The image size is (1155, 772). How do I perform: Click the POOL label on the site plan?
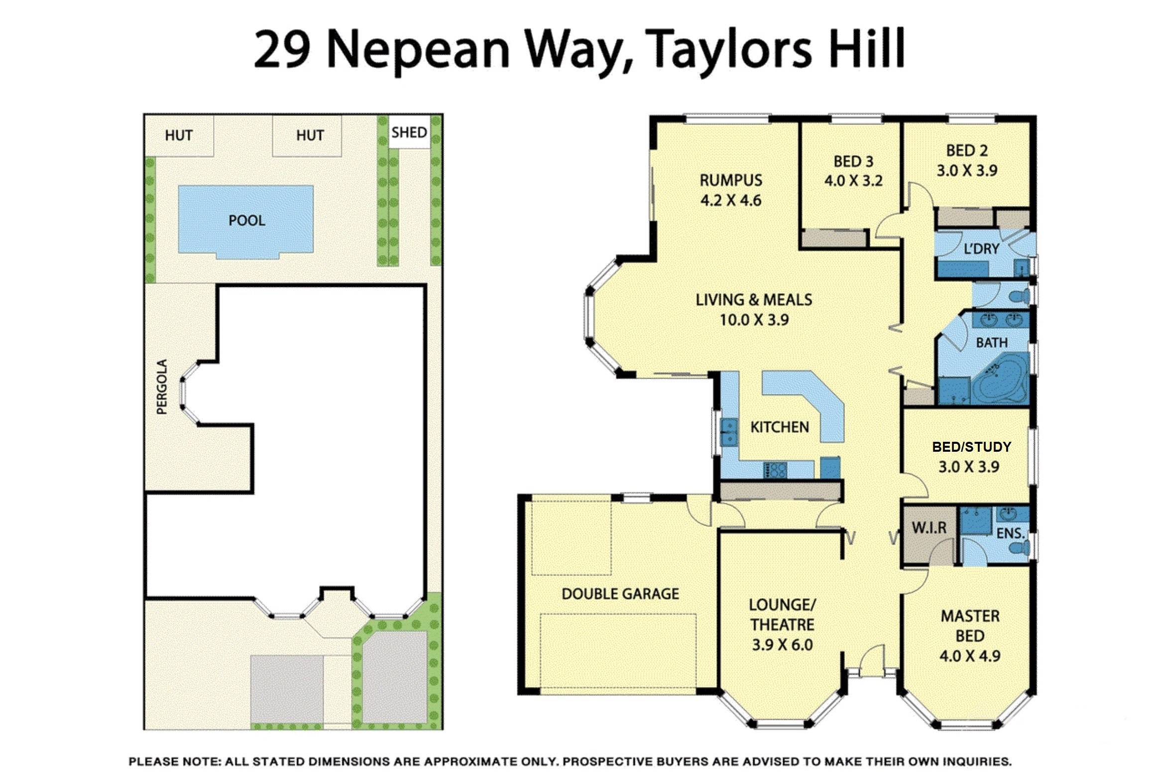coord(246,221)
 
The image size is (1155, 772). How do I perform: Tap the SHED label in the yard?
coord(409,132)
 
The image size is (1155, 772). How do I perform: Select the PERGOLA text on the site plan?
coord(162,386)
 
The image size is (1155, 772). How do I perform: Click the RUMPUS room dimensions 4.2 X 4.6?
coord(730,201)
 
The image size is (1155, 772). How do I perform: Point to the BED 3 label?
coord(853,161)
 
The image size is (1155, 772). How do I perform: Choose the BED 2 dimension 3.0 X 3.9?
coord(967,171)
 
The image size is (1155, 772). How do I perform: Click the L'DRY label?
coord(981,249)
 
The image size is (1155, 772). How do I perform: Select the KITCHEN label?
coord(779,427)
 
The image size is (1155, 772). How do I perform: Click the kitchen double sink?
coord(728,432)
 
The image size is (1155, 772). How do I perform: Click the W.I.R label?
coord(929,528)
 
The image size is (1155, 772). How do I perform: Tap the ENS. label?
coord(1010,533)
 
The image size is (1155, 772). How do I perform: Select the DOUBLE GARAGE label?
coord(620,594)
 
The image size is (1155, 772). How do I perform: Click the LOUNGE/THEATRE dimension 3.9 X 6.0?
coord(782,645)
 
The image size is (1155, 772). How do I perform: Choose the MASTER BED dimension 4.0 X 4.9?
coord(970,656)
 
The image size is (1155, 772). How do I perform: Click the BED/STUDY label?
coord(971,447)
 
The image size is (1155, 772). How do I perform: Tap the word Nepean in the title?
coord(419,50)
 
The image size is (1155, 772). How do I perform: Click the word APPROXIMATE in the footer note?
coord(466,762)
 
